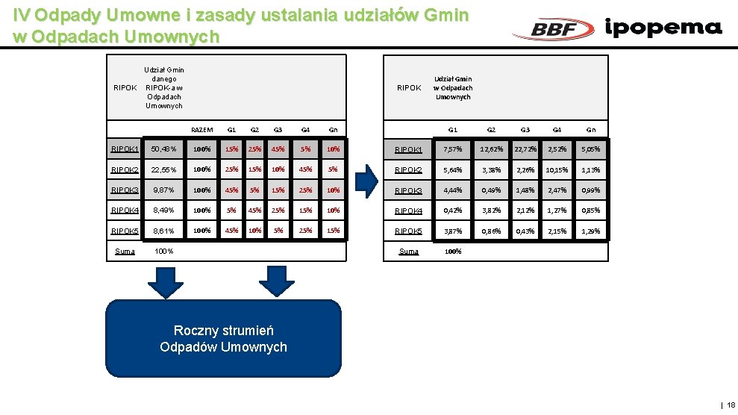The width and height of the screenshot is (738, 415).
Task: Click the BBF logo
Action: [554, 29]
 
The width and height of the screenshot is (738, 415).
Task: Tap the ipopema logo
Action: [663, 28]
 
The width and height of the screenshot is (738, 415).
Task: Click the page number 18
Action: [731, 405]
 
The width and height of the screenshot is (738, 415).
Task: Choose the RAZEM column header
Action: [201, 130]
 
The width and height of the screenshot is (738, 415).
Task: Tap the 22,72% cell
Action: [525, 149]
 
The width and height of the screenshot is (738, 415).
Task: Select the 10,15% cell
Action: [557, 169]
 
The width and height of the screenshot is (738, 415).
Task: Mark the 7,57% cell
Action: [452, 149]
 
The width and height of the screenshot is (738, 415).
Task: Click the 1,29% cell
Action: [591, 231]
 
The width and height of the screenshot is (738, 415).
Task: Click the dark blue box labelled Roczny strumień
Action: [223, 338]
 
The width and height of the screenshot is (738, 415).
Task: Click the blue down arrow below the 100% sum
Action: [165, 281]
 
